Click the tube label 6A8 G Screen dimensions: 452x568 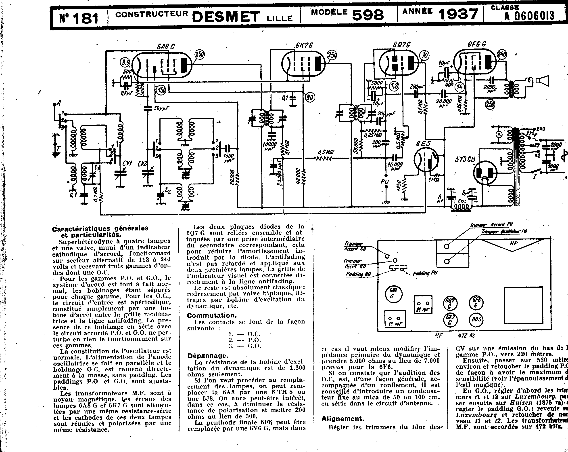click(x=166, y=47)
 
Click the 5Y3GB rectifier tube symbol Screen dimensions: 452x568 click(x=485, y=173)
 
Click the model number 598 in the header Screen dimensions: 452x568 click(x=368, y=15)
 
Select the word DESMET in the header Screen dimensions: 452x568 click(x=226, y=16)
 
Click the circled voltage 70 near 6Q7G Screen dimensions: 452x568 click(x=424, y=56)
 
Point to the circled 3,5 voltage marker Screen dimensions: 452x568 click(x=125, y=63)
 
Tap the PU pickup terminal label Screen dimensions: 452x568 click(x=385, y=182)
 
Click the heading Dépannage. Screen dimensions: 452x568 click(x=207, y=356)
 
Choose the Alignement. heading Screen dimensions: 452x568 click(x=343, y=418)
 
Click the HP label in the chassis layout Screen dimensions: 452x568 click(x=514, y=243)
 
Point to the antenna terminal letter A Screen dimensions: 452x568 click(x=59, y=103)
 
